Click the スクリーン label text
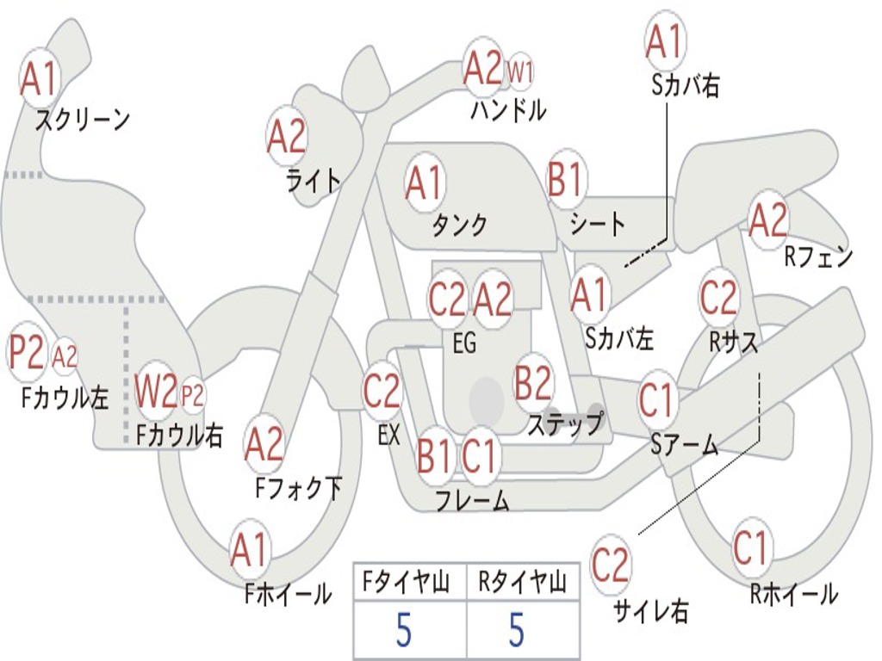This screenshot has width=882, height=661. click(83, 120)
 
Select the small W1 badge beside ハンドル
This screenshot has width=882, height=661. click(520, 72)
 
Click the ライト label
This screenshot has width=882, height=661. click(314, 180)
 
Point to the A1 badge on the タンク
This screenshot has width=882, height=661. click(424, 182)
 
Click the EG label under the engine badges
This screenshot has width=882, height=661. click(463, 343)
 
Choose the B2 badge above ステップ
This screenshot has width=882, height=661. click(533, 383)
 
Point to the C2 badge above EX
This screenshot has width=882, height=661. click(382, 392)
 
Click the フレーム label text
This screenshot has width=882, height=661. click(472, 500)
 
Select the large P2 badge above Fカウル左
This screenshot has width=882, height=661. click(27, 353)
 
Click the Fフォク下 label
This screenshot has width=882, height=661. click(299, 489)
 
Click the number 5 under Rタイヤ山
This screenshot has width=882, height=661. click(516, 629)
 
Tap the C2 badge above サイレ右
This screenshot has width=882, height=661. click(611, 565)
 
